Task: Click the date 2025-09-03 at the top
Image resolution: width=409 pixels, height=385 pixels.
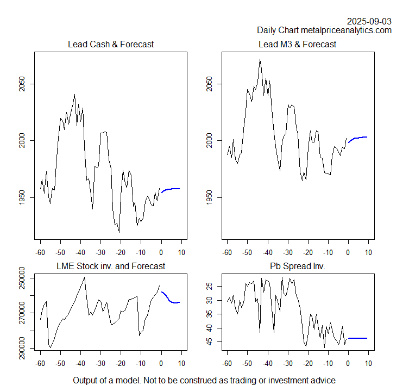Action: coord(369,21)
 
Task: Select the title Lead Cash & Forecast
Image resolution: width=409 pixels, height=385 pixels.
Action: coord(110,44)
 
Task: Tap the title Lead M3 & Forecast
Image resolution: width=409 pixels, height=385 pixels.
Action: coord(297,44)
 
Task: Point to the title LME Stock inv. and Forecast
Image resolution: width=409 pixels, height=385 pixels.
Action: coord(110,266)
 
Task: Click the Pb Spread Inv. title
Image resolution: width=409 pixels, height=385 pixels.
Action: coord(297,266)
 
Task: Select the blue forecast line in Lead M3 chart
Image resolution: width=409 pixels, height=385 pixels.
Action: coord(358,138)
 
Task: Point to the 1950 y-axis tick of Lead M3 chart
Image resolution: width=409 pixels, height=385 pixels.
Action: coord(209,197)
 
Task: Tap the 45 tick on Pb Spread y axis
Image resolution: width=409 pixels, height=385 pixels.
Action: coord(209,341)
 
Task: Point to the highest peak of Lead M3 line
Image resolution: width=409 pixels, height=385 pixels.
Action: coord(260,59)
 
